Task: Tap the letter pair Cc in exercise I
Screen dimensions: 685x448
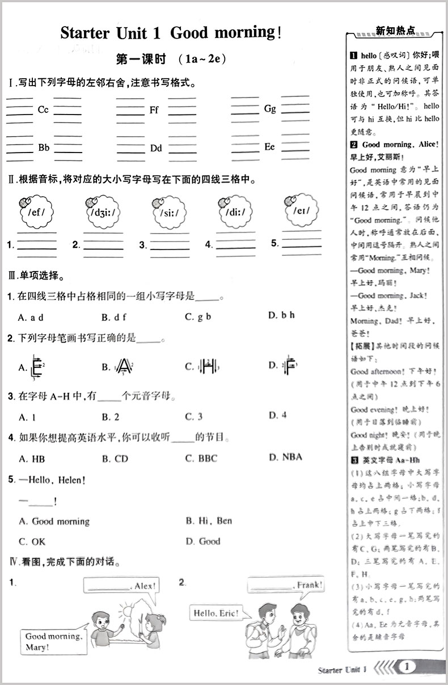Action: coord(43,110)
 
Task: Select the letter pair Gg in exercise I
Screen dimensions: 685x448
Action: coord(270,108)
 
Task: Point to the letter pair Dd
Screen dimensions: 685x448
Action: coord(156,149)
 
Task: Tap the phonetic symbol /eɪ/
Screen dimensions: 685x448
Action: coord(300,210)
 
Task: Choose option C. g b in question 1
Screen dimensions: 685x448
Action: coord(198,316)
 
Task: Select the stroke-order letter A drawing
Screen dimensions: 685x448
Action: coord(124,366)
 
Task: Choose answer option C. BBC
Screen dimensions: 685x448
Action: coord(201,458)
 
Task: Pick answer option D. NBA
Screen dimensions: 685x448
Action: coord(285,457)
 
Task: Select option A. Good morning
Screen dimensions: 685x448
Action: coord(54,521)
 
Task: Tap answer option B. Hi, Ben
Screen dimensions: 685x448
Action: coord(209,521)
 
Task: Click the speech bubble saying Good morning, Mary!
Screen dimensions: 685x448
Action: coord(53,641)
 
